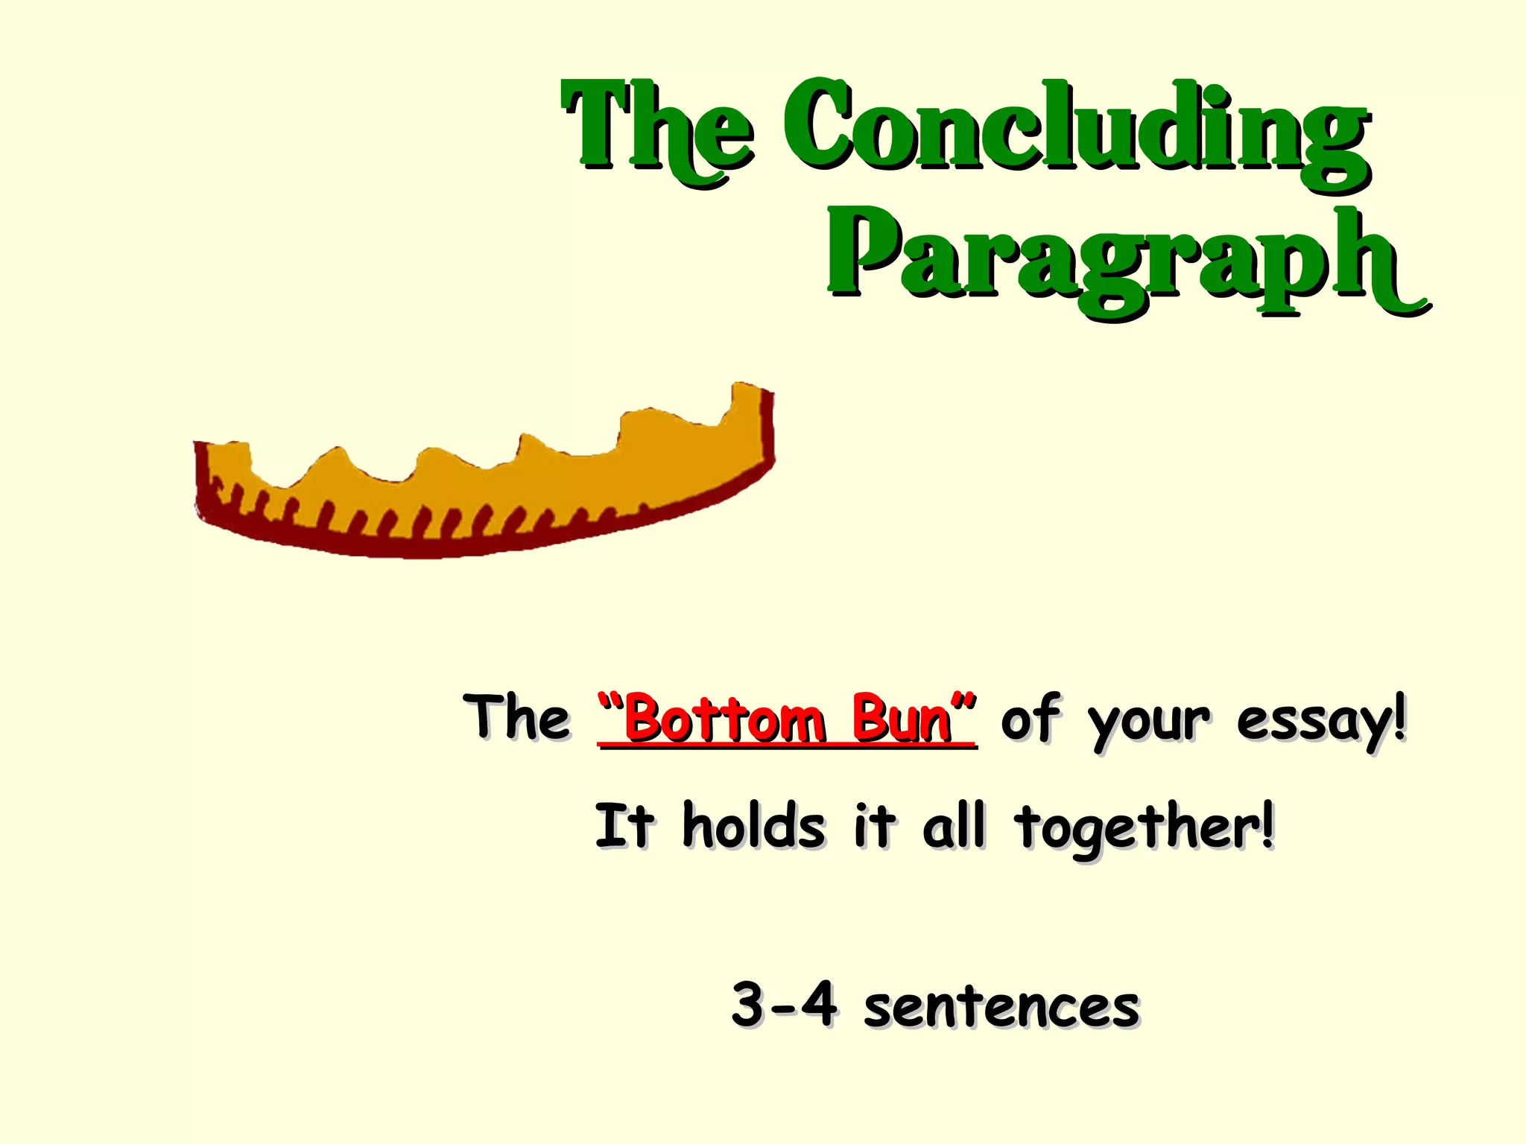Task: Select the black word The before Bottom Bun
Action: tap(516, 717)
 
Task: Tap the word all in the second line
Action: tap(954, 826)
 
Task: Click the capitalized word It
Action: tap(624, 826)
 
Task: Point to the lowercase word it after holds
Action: tap(873, 826)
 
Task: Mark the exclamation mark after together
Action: tap(1267, 825)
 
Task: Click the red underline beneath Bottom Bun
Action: tap(787, 744)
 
